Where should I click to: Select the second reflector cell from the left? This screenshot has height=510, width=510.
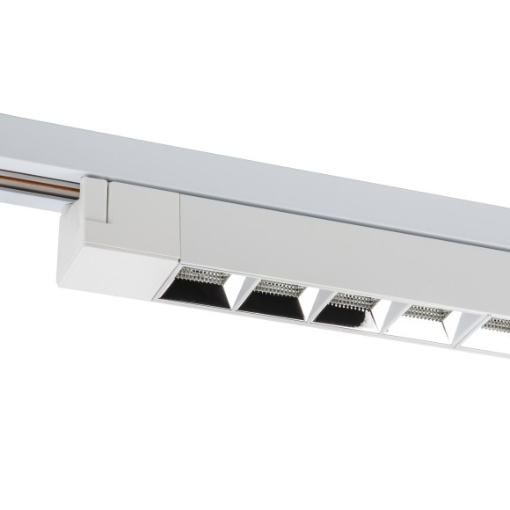point(272,299)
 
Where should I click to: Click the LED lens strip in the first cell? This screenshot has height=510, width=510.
point(204,274)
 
